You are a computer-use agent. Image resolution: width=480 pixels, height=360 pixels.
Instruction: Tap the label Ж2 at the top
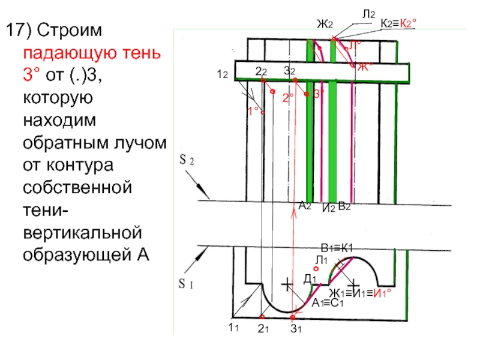pyautogui.click(x=325, y=25)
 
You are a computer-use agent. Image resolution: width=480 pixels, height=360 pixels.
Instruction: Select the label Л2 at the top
pyautogui.click(x=368, y=13)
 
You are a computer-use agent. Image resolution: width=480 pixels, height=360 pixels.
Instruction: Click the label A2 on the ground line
pyautogui.click(x=304, y=206)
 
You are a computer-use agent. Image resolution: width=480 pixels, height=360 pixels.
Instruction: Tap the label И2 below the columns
pyautogui.click(x=328, y=208)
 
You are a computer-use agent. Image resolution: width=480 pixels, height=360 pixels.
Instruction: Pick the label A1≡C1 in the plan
pyautogui.click(x=326, y=303)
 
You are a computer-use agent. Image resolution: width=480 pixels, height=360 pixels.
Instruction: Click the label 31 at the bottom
pyautogui.click(x=295, y=328)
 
